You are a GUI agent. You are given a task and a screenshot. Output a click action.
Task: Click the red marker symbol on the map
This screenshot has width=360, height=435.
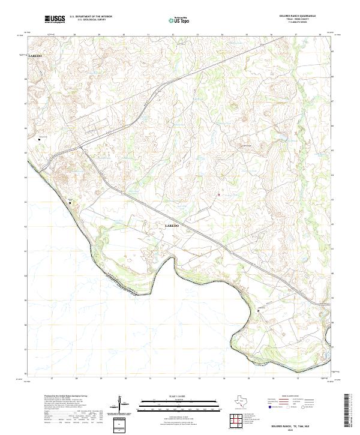pos(218,194)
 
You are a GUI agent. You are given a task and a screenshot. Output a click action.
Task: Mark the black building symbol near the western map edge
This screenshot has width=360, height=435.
pos(40,139)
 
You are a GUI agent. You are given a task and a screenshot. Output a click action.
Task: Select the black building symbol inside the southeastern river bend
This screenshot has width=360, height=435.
pos(260,310)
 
